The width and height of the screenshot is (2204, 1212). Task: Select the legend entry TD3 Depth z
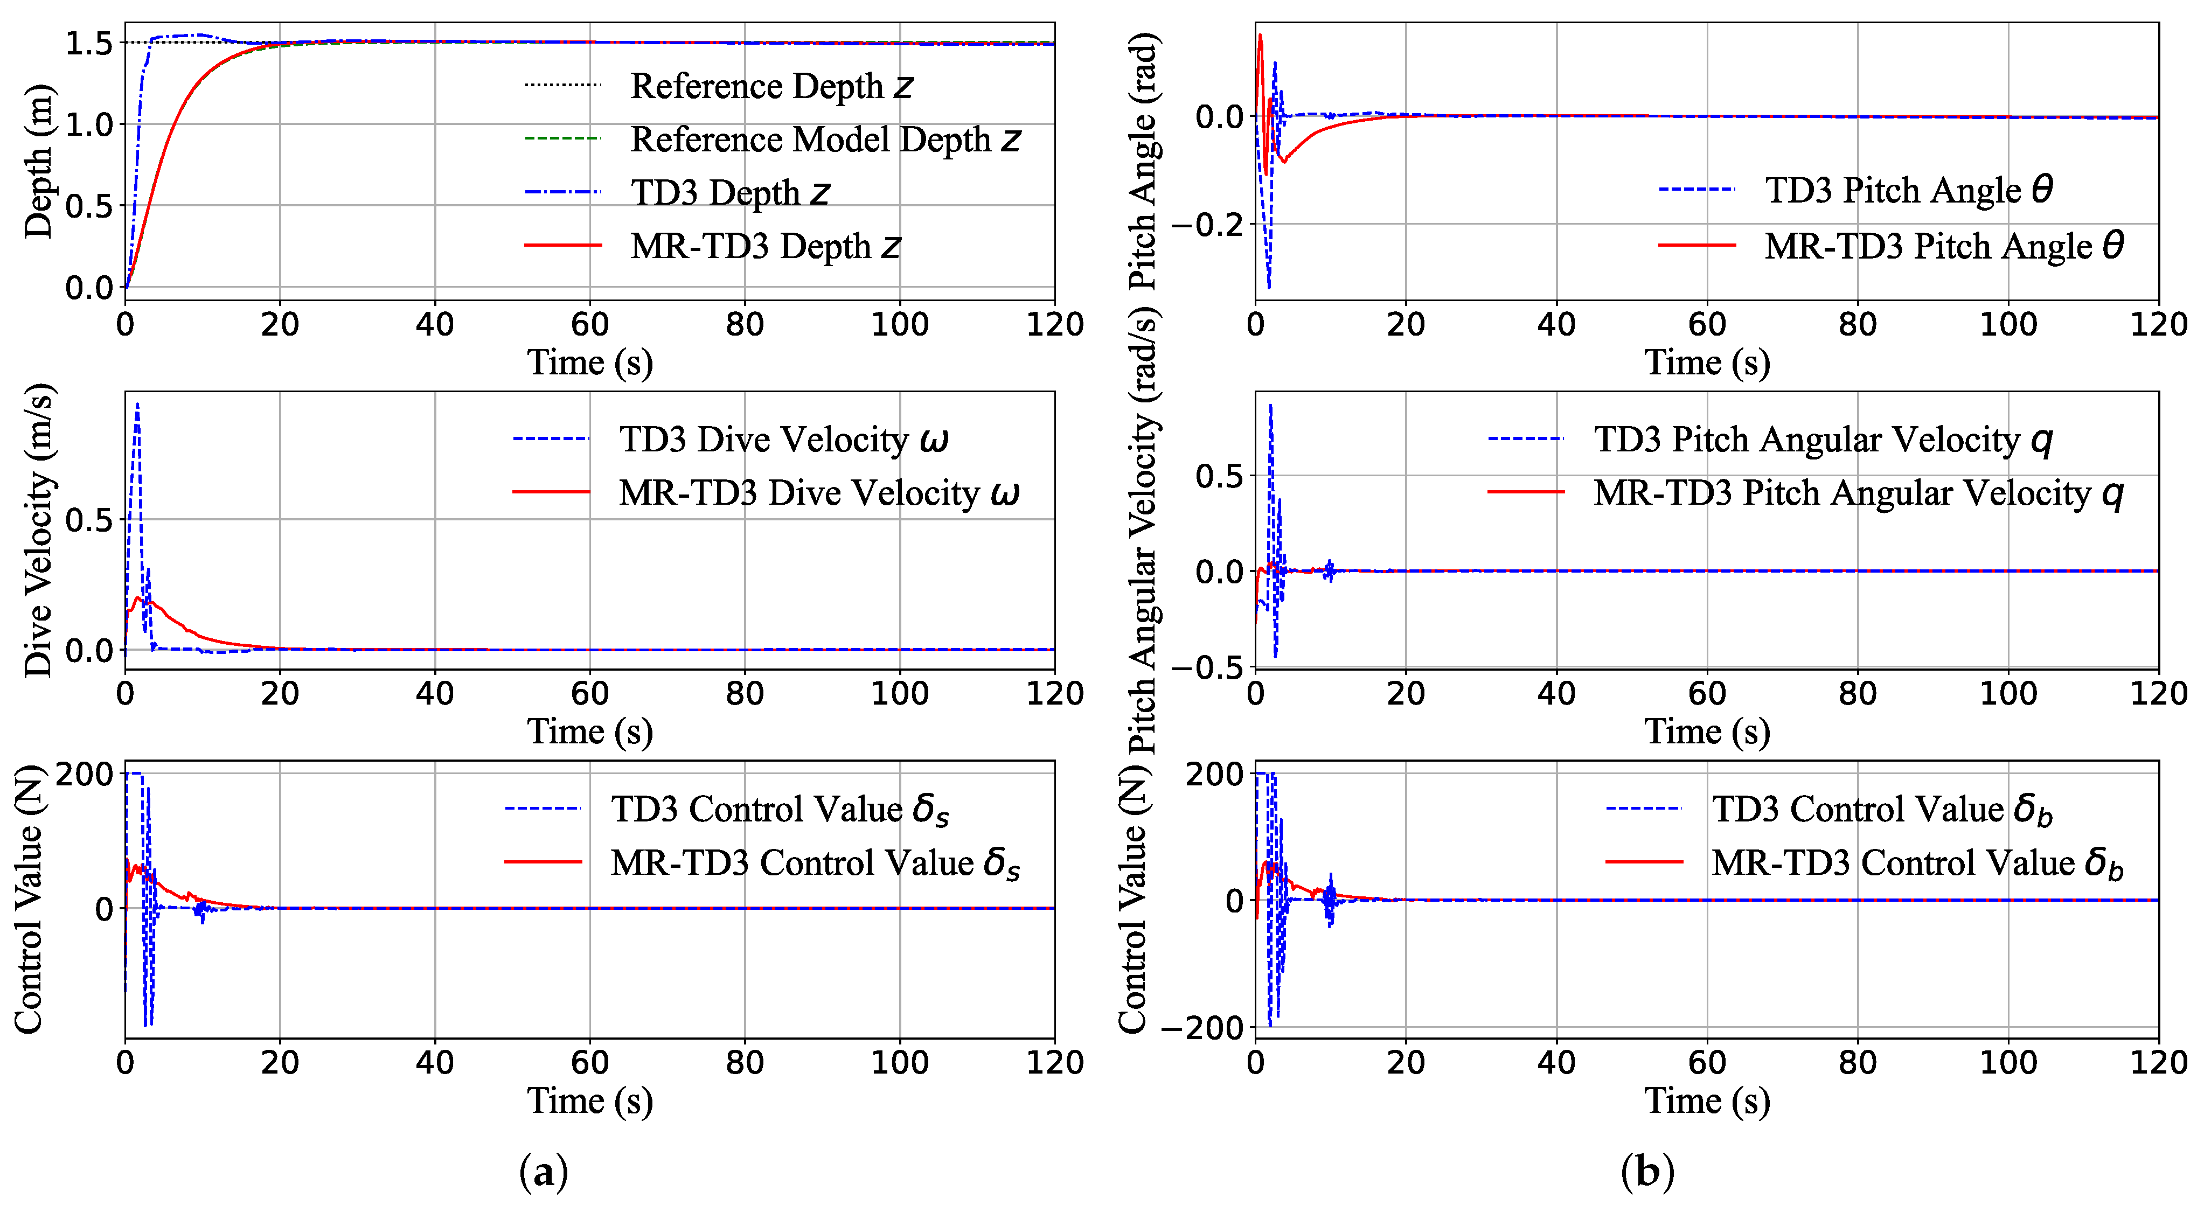click(x=730, y=192)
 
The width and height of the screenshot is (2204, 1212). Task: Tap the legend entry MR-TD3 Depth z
click(x=765, y=246)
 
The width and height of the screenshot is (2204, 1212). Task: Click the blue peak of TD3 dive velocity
click(x=137, y=406)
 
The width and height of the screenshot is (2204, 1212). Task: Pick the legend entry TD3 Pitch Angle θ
click(x=1908, y=190)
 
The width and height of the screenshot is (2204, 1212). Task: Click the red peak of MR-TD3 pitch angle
click(x=1260, y=36)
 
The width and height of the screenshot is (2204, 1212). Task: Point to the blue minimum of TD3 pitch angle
click(x=1269, y=287)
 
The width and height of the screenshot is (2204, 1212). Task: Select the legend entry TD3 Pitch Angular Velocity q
click(x=1823, y=440)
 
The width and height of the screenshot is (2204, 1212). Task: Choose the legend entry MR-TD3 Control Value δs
click(x=815, y=862)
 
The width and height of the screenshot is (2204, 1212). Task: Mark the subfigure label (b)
click(x=1647, y=1172)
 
